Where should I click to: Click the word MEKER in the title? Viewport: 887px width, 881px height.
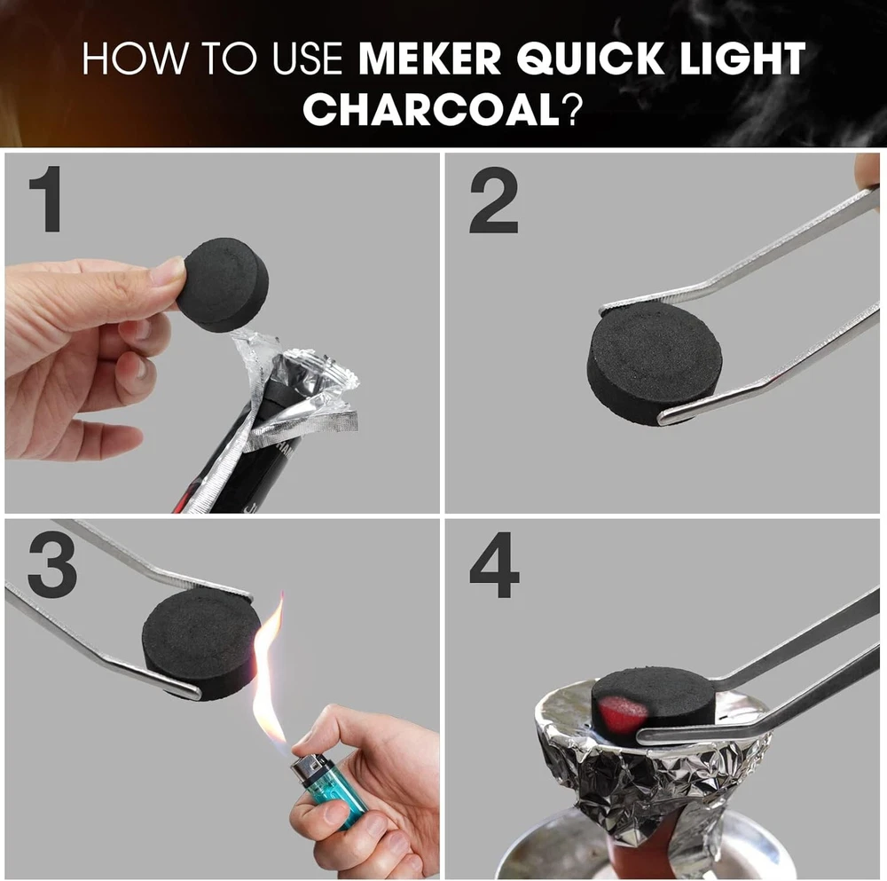coord(430,58)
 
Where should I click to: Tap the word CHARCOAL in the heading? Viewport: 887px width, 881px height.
coord(431,109)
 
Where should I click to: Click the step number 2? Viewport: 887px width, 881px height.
coord(493,201)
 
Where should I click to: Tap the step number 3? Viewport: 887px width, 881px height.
coord(52,564)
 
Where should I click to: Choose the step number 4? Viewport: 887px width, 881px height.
coord(494,565)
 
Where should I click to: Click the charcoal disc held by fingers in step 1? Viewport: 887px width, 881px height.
coord(222,285)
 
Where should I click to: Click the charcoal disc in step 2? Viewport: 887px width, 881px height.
coord(654,362)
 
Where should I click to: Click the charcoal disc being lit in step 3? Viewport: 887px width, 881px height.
coord(200,644)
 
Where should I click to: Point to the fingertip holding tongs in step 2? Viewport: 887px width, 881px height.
coord(867,174)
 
